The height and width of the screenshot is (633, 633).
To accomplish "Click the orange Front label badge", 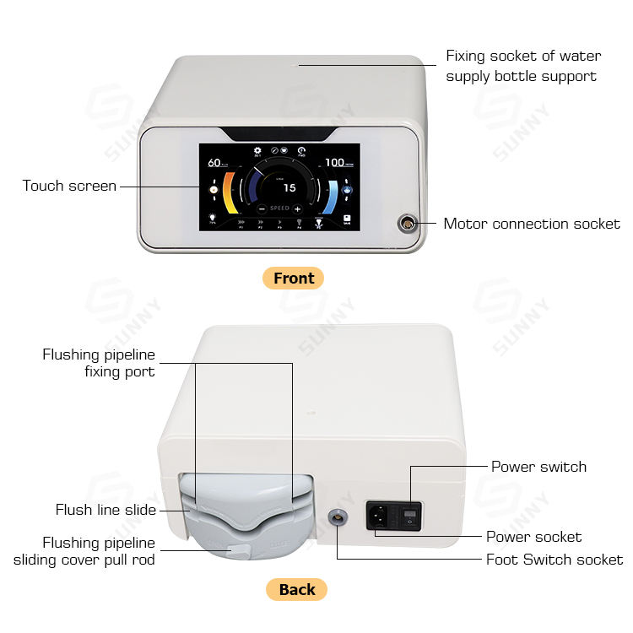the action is (x=293, y=278).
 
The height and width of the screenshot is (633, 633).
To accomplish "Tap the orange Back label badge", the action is (x=296, y=589).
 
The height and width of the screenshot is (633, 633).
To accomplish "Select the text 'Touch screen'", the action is (x=69, y=186).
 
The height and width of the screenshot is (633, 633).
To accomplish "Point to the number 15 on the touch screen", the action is (x=289, y=188).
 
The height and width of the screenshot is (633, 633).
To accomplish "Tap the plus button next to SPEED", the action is (x=297, y=208).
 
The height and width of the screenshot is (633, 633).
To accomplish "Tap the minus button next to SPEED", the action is (x=262, y=208).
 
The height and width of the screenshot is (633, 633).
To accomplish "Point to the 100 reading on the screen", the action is (x=334, y=162).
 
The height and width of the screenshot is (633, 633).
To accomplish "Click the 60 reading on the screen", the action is (x=214, y=163).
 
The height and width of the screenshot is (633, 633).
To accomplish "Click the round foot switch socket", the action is (x=337, y=515).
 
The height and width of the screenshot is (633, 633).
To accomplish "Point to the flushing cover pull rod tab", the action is (x=239, y=550).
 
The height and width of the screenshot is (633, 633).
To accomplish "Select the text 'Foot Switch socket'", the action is (x=555, y=560).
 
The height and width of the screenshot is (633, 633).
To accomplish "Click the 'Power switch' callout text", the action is (x=538, y=467).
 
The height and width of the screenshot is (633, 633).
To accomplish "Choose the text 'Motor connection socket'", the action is (x=532, y=224).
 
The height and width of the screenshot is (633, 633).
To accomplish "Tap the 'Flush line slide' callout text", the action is (x=105, y=510).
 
